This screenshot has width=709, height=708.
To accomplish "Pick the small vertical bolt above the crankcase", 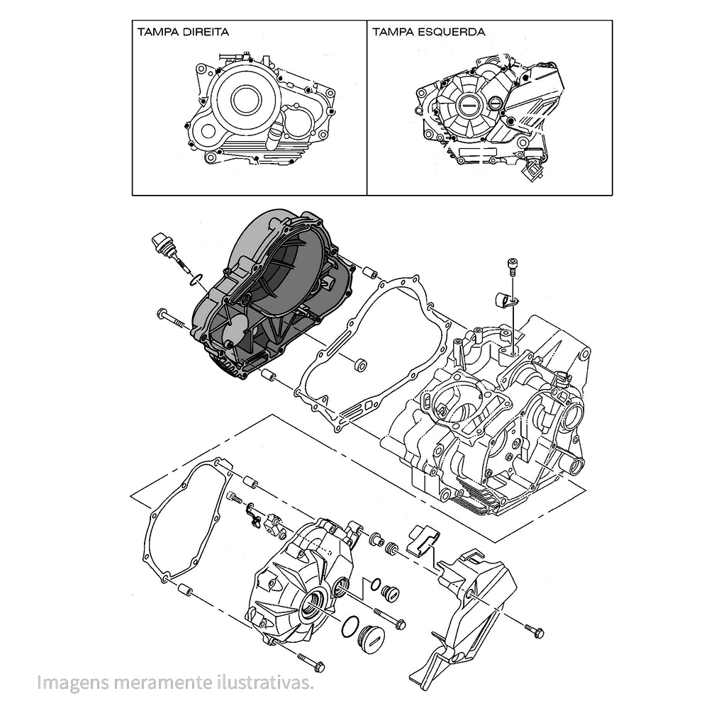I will pyautogui.click(x=512, y=268).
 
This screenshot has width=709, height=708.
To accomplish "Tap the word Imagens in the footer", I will pyautogui.click(x=65, y=683).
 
